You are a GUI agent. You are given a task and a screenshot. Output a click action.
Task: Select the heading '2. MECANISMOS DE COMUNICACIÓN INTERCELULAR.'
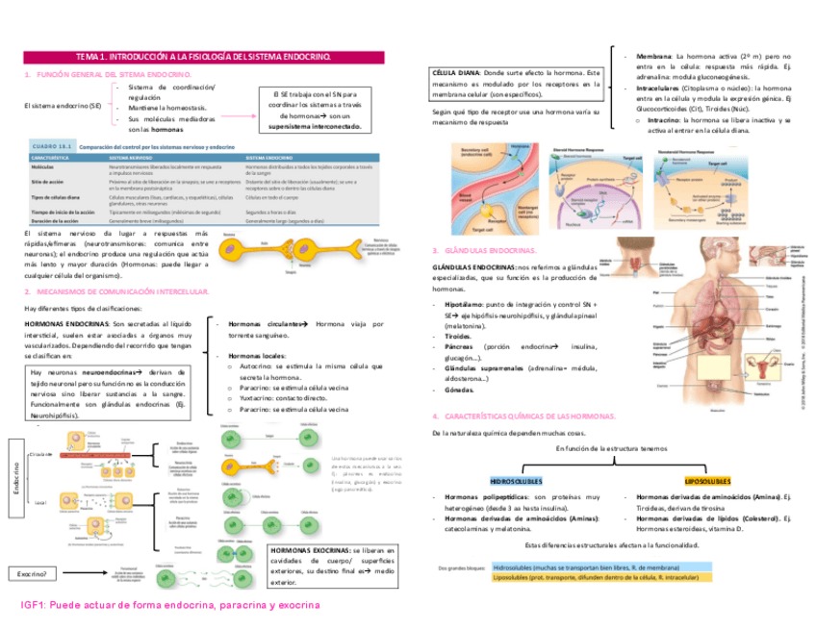click(115, 290)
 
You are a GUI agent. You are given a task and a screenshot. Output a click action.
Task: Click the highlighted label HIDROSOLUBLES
click(516, 480)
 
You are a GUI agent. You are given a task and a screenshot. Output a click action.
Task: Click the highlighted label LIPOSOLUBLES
click(706, 480)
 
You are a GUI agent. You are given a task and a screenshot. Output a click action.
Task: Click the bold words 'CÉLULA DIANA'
click(456, 73)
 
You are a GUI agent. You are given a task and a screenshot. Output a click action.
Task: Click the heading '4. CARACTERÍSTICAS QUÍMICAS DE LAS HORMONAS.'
click(523, 416)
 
